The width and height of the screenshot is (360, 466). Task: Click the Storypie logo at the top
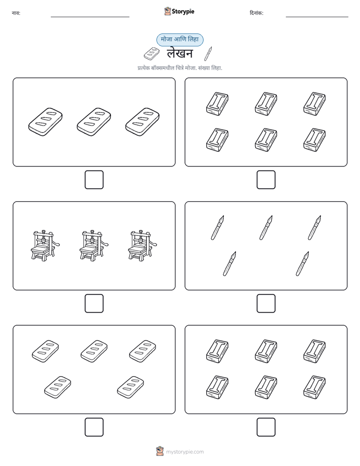[179, 11]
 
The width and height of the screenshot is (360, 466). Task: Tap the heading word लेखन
[179, 53]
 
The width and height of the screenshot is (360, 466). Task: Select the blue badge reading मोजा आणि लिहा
[179, 40]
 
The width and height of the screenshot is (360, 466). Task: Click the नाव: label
[16, 13]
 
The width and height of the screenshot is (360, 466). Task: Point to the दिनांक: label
[256, 13]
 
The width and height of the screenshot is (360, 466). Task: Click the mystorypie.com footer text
[185, 452]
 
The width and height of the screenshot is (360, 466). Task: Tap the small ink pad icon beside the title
[151, 53]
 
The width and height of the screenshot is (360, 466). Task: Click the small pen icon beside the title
[208, 53]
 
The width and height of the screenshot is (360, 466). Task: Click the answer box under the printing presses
[94, 304]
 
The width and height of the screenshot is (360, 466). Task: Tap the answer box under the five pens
[266, 304]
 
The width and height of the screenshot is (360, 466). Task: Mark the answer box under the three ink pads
[94, 180]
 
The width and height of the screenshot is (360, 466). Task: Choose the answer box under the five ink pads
[94, 427]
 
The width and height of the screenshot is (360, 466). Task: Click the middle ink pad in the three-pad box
[94, 122]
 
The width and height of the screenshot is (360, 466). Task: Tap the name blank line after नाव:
[90, 17]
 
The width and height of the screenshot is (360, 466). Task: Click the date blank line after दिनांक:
[317, 17]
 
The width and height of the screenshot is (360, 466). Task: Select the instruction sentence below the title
[179, 68]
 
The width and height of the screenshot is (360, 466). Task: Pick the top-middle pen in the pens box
[266, 227]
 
